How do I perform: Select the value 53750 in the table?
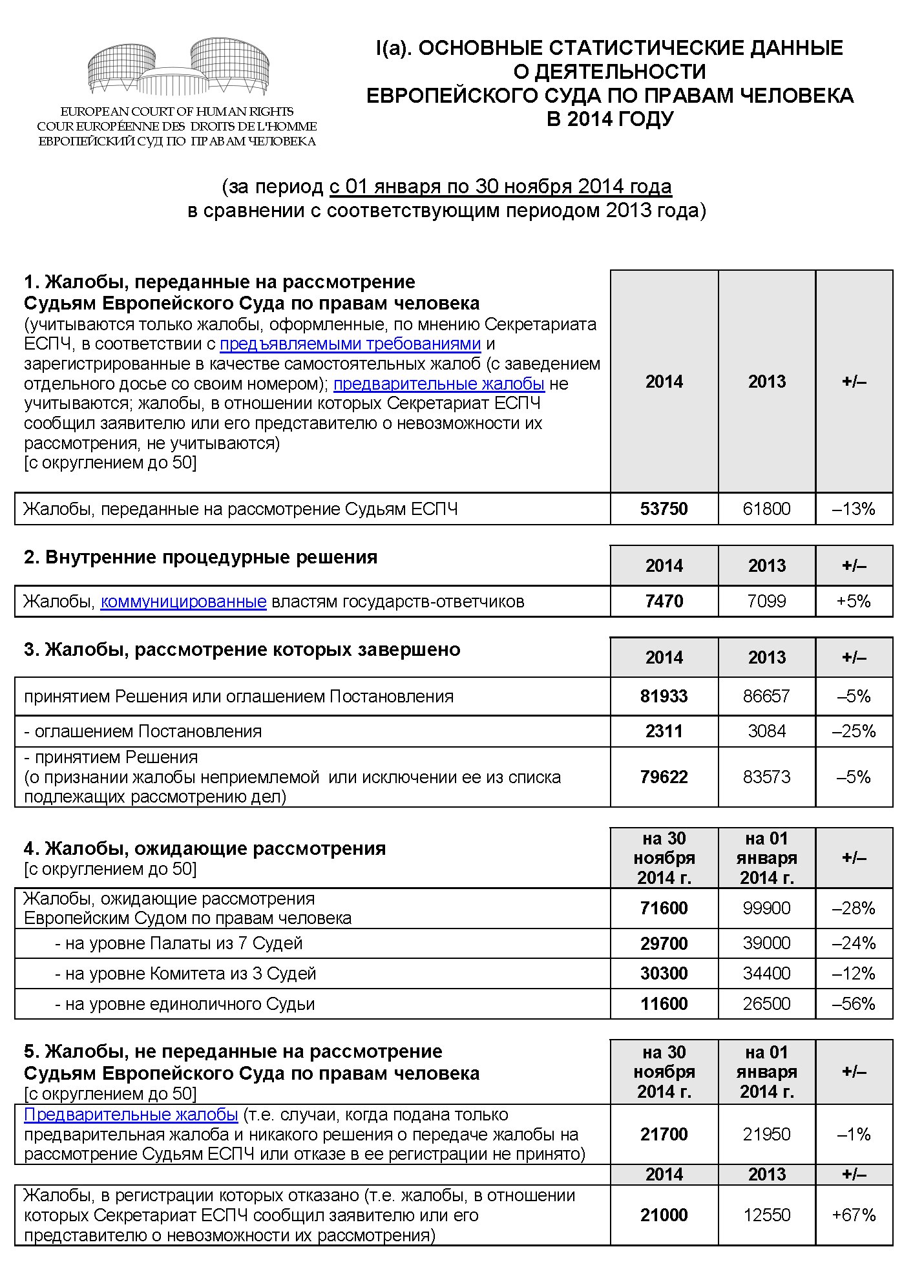[x=664, y=509]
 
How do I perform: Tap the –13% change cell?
[x=854, y=509]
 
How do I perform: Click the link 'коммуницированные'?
[x=184, y=602]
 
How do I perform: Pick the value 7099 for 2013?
[x=766, y=602]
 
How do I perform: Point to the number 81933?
[x=664, y=697]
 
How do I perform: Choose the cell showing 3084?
[x=766, y=731]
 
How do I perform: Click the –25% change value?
[x=854, y=731]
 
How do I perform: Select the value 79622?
[x=664, y=777]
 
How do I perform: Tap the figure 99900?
[x=766, y=908]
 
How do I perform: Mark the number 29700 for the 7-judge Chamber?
[x=664, y=943]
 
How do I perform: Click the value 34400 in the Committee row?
[x=766, y=974]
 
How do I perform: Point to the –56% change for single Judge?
[x=854, y=1004]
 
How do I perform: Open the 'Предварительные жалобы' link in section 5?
[x=131, y=1115]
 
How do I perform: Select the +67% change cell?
[x=854, y=1215]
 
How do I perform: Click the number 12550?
[x=766, y=1215]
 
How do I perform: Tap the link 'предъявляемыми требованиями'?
[x=350, y=344]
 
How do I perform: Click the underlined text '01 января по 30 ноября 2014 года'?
[x=501, y=187]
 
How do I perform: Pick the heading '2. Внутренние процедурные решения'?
[x=200, y=558]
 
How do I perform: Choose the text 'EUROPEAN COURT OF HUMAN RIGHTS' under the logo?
[x=177, y=112]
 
